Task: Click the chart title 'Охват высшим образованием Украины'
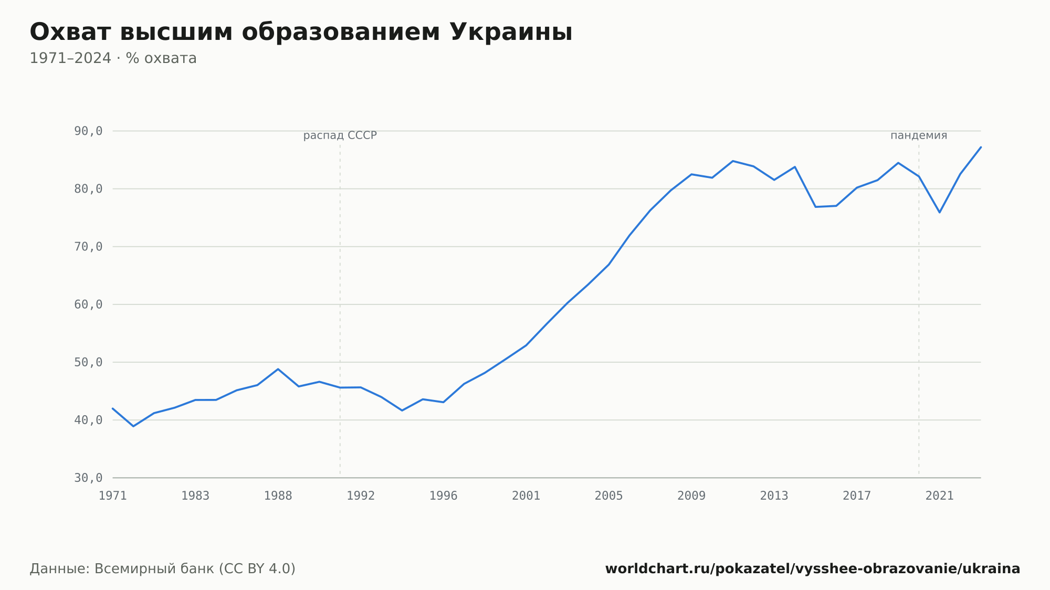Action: [x=301, y=33]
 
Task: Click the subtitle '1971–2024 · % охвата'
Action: [x=113, y=58]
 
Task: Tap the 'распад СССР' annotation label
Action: [x=340, y=135]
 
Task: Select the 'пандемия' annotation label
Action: [x=919, y=135]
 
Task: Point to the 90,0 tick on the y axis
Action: [x=88, y=131]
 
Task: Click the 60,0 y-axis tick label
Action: [x=88, y=304]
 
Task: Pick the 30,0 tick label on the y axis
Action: [x=88, y=478]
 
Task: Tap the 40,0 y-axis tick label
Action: [x=88, y=420]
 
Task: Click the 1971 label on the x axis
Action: [x=113, y=496]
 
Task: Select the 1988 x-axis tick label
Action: [x=278, y=496]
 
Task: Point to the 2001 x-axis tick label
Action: [x=526, y=496]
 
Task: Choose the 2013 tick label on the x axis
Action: [x=774, y=496]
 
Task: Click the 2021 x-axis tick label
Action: [x=940, y=496]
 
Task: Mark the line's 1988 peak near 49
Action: [x=278, y=369]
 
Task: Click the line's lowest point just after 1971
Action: [x=133, y=426]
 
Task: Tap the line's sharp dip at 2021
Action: [x=940, y=212]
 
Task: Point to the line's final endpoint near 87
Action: [x=981, y=147]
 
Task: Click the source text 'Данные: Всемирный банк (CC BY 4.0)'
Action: [x=163, y=569]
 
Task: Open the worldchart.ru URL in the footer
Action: [x=813, y=569]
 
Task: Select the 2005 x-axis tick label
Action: [x=609, y=496]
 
